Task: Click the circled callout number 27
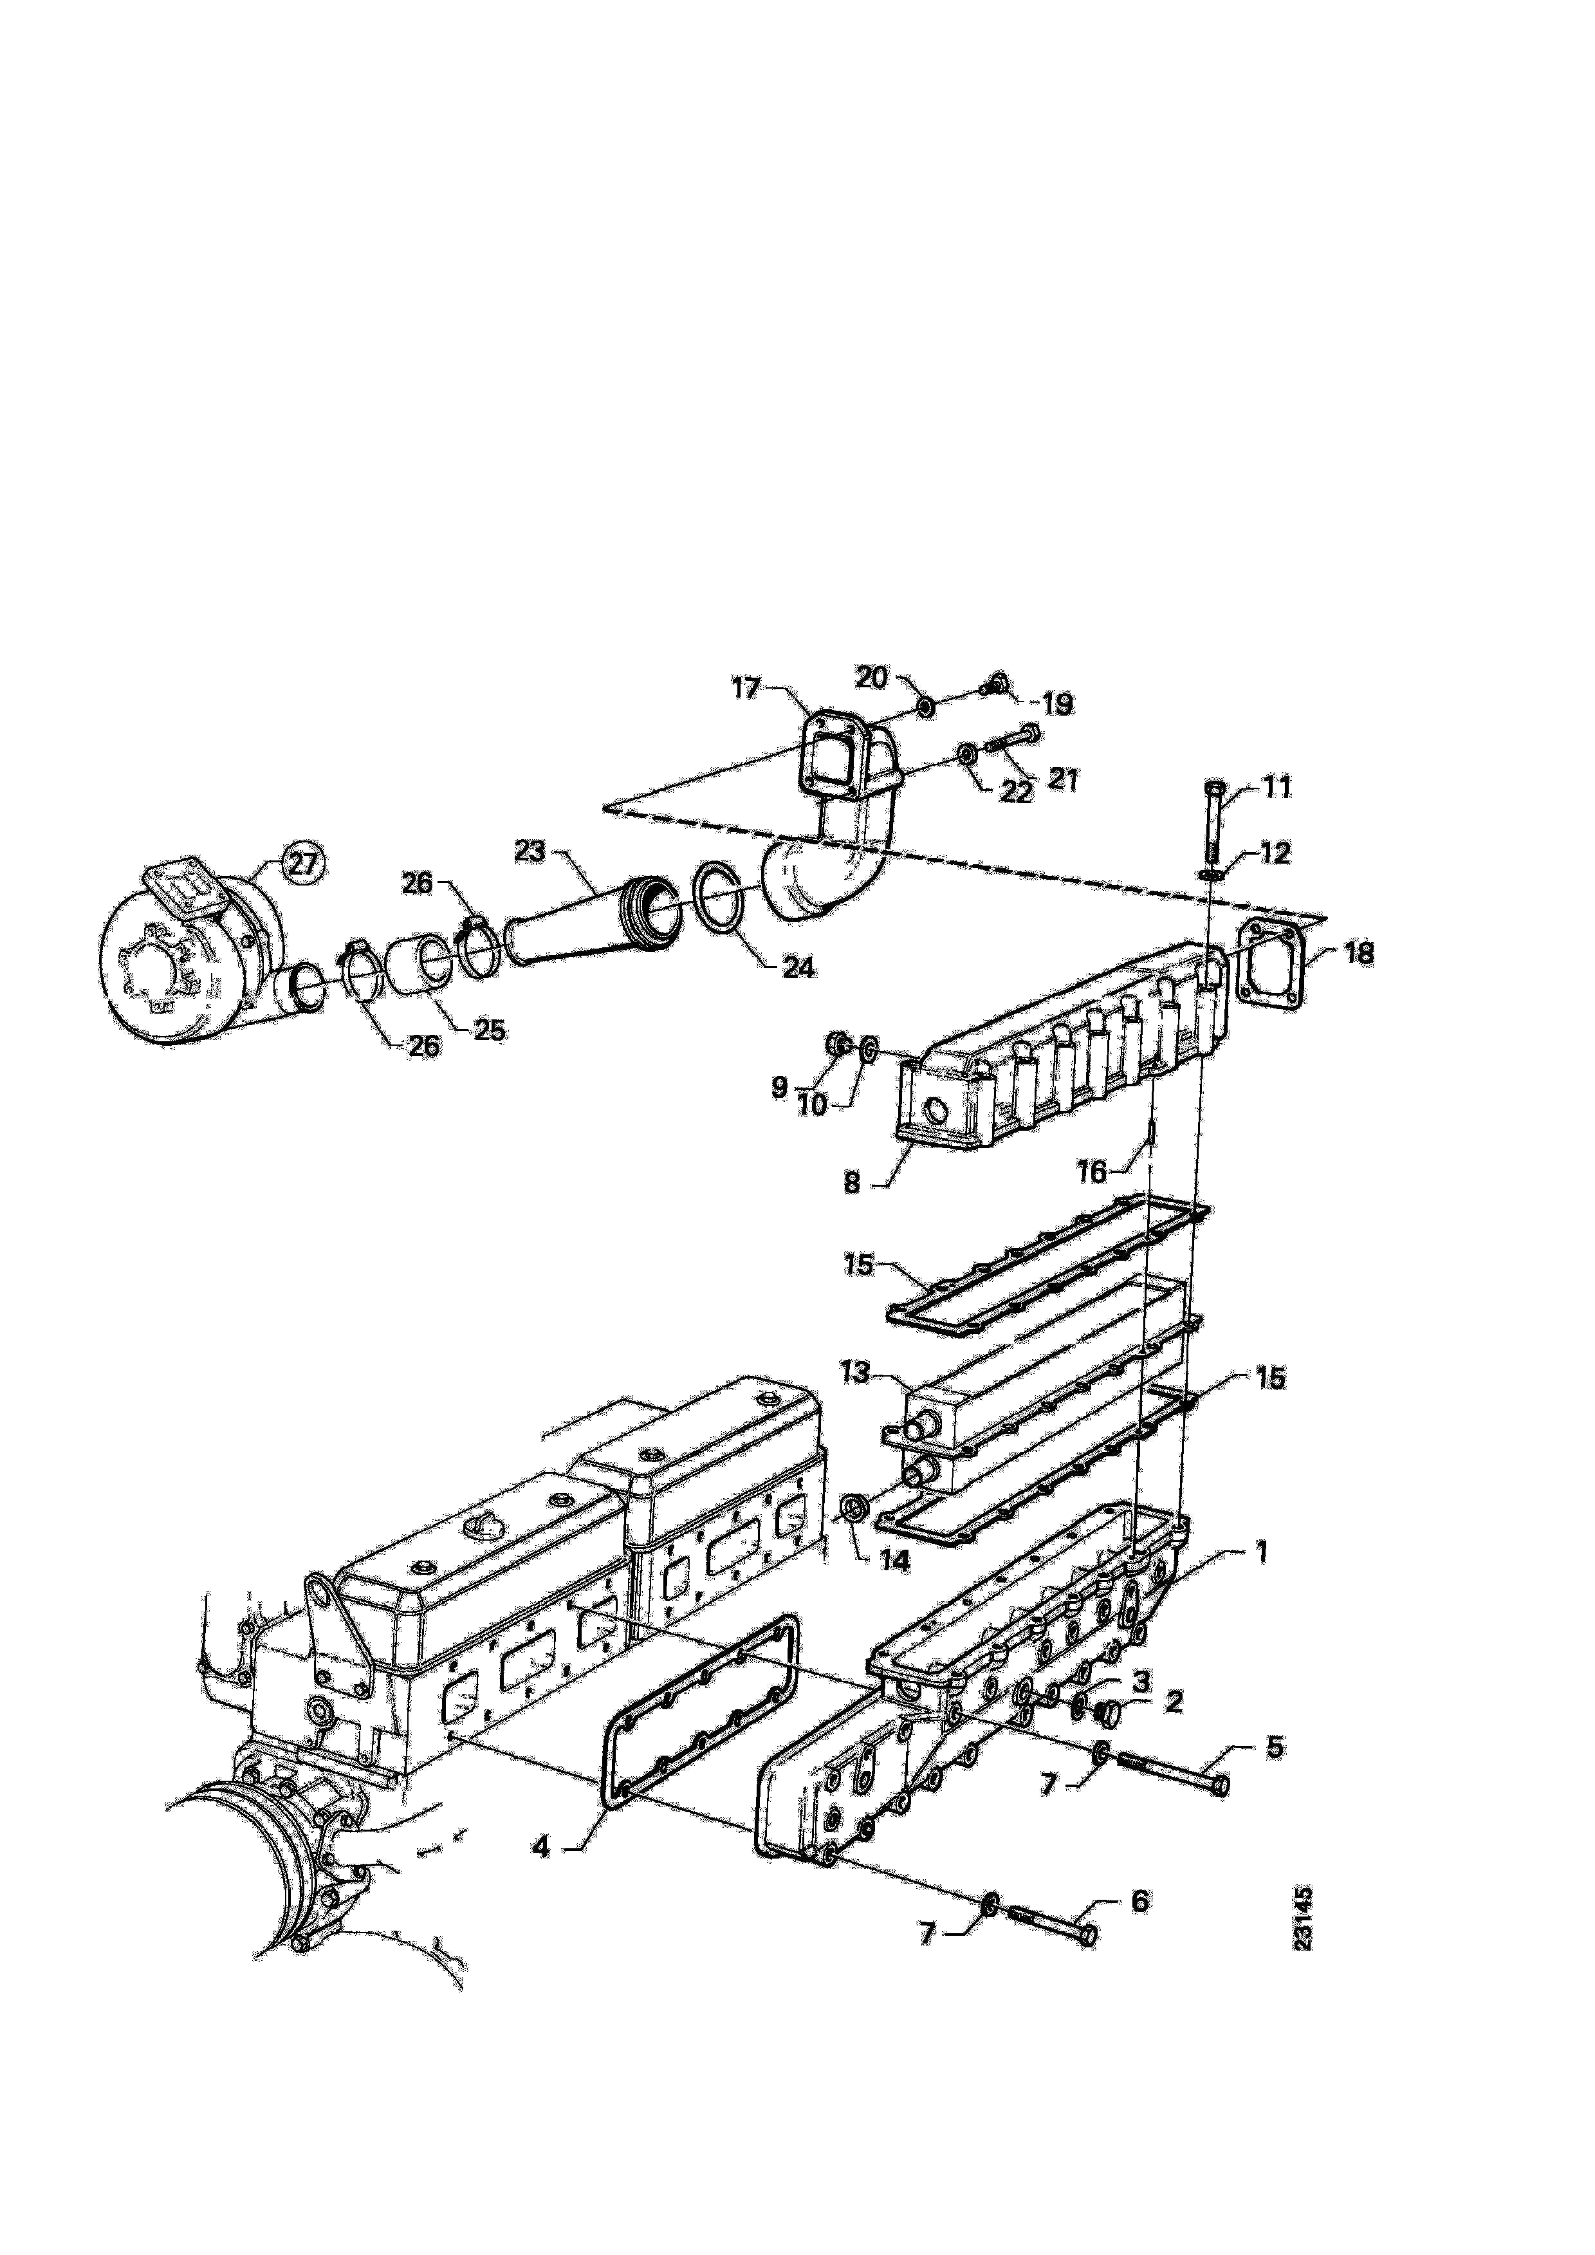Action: pos(304,864)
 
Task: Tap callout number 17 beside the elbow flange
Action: pos(748,687)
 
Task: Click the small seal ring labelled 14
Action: pos(854,1535)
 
